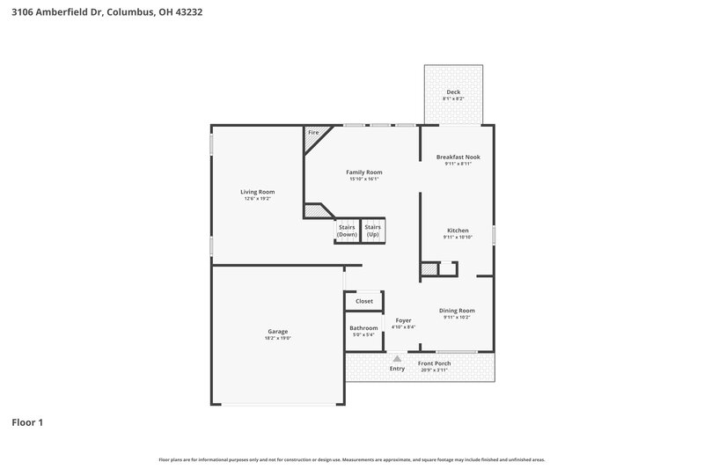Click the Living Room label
(259, 192)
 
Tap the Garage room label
(278, 331)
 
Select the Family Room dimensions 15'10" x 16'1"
(365, 180)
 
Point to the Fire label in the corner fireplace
(313, 133)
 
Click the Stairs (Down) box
(347, 231)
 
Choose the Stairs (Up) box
(373, 231)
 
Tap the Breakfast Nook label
(458, 157)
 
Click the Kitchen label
(458, 231)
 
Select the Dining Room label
(458, 310)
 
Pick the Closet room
(363, 301)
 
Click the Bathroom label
(363, 327)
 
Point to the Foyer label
(403, 320)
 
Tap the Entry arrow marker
(398, 359)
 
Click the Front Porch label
(434, 363)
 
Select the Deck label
(453, 92)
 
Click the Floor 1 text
(27, 422)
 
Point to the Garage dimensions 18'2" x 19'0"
(278, 338)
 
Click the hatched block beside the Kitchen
(429, 269)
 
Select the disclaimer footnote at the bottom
(352, 459)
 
